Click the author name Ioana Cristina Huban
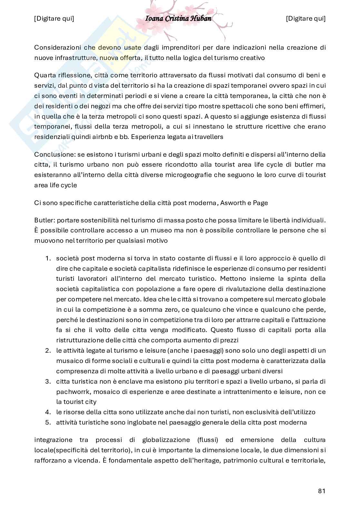tap(178, 18)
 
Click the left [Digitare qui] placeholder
tap(54, 18)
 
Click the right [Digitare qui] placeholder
tap(305, 18)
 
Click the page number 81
tap(321, 491)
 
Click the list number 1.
tap(48, 258)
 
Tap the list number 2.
tap(48, 350)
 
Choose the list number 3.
tap(48, 381)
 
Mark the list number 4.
tap(48, 412)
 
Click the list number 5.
tap(48, 422)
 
